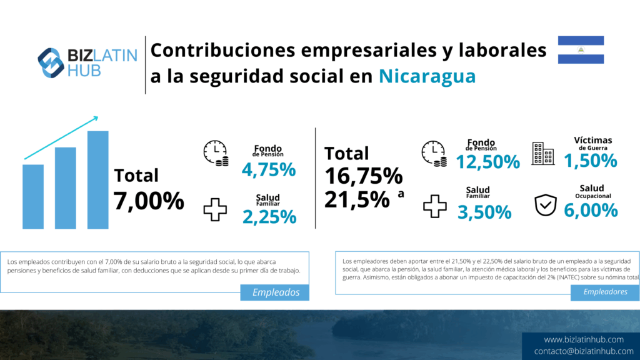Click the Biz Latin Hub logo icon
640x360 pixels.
point(52,63)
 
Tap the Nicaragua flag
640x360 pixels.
point(581,49)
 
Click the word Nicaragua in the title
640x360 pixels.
point(427,76)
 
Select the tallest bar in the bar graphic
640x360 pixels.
point(98,179)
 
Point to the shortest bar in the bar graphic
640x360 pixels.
point(33,196)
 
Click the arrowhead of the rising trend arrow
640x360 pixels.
point(96,117)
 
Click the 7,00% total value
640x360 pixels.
point(149,201)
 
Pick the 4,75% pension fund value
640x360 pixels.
point(268,169)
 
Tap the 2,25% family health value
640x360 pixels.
point(269,216)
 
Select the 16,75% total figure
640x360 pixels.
point(363,176)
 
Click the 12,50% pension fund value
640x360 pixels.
point(487,162)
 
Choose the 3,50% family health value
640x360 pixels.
point(484,212)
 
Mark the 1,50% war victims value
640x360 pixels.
point(591,161)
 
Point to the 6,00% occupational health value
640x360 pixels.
point(591,210)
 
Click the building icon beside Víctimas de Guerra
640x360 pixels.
point(542,153)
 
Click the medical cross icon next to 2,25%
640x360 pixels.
point(215,209)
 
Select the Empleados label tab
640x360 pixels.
point(275,292)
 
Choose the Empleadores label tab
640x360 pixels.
point(605,292)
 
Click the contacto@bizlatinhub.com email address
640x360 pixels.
point(584,351)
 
